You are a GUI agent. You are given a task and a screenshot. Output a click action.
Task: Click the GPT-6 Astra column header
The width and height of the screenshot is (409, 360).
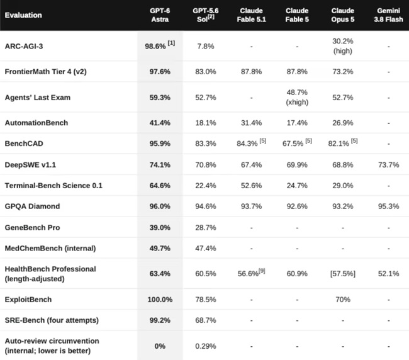160,15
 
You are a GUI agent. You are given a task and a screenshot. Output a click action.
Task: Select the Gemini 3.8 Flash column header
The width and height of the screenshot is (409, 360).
388,15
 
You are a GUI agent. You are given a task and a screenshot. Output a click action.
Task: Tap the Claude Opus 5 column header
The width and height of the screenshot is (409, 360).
343,15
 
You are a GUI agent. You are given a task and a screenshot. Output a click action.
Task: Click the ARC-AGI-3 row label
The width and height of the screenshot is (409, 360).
24,46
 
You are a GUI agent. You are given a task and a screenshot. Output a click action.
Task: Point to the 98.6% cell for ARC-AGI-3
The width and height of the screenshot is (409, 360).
160,45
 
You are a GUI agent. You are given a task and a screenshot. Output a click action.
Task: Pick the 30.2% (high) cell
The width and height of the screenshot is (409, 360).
343,46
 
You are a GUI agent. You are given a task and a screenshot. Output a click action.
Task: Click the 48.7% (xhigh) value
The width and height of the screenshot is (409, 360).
297,98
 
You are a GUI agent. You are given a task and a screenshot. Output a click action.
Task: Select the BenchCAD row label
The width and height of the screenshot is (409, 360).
24,143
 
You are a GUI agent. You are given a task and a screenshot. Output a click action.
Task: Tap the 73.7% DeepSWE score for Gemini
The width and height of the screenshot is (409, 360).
388,165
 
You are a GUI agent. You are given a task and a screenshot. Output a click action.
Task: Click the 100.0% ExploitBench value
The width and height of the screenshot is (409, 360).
160,300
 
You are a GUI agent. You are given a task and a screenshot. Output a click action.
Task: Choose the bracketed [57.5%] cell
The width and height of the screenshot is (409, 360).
343,274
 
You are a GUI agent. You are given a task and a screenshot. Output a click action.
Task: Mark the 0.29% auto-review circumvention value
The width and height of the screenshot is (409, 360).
206,346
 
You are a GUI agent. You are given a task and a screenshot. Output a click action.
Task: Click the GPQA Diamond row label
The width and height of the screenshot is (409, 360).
32,206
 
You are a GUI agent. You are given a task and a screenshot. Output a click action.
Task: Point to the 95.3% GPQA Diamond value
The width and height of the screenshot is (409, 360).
388,206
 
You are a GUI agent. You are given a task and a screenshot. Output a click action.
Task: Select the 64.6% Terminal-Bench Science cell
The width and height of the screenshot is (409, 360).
160,186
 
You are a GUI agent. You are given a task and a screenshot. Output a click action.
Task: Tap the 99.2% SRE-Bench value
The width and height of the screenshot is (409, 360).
160,320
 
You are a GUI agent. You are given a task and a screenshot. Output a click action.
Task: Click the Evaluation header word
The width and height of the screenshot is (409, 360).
23,15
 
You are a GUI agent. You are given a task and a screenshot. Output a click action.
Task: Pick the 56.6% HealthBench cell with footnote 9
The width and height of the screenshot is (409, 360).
251,273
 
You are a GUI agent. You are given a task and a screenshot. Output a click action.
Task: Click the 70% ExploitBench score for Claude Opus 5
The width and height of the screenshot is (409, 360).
343,300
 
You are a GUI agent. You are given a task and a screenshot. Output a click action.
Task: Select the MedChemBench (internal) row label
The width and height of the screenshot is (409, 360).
50,248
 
